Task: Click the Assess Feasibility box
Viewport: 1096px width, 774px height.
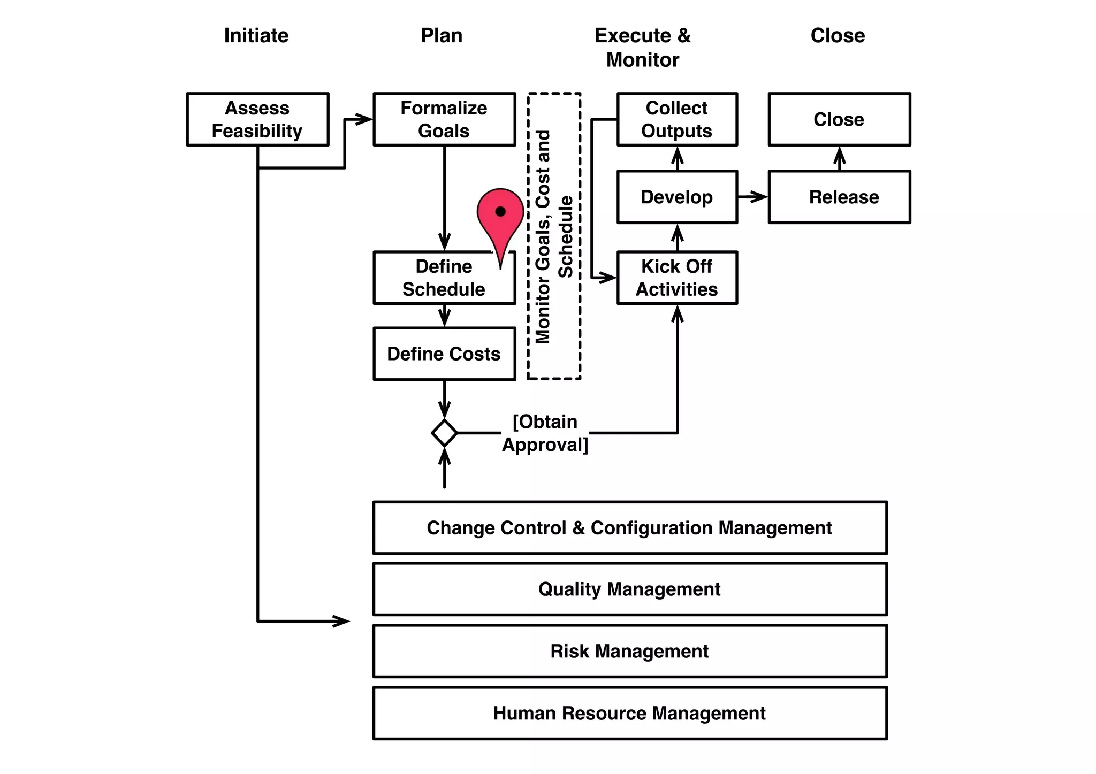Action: point(257,119)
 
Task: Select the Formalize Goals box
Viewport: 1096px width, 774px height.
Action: point(444,119)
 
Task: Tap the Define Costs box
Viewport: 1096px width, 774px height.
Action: point(444,354)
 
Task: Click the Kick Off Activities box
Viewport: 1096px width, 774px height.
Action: point(677,278)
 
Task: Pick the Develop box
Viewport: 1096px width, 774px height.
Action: point(677,197)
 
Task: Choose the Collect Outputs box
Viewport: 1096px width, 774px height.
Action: point(677,119)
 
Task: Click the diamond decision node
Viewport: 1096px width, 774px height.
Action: point(444,433)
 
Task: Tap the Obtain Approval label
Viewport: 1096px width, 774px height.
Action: point(545,433)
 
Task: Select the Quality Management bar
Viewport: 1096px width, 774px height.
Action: point(629,589)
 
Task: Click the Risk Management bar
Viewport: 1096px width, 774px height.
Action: point(629,651)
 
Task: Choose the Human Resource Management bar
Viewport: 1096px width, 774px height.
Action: point(629,713)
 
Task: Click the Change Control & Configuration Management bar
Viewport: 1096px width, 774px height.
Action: point(629,527)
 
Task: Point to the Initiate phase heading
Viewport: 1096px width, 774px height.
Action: point(256,35)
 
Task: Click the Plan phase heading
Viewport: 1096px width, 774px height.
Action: point(442,35)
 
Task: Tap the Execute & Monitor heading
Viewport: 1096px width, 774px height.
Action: point(643,48)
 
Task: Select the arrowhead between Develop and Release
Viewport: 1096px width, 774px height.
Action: point(760,197)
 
